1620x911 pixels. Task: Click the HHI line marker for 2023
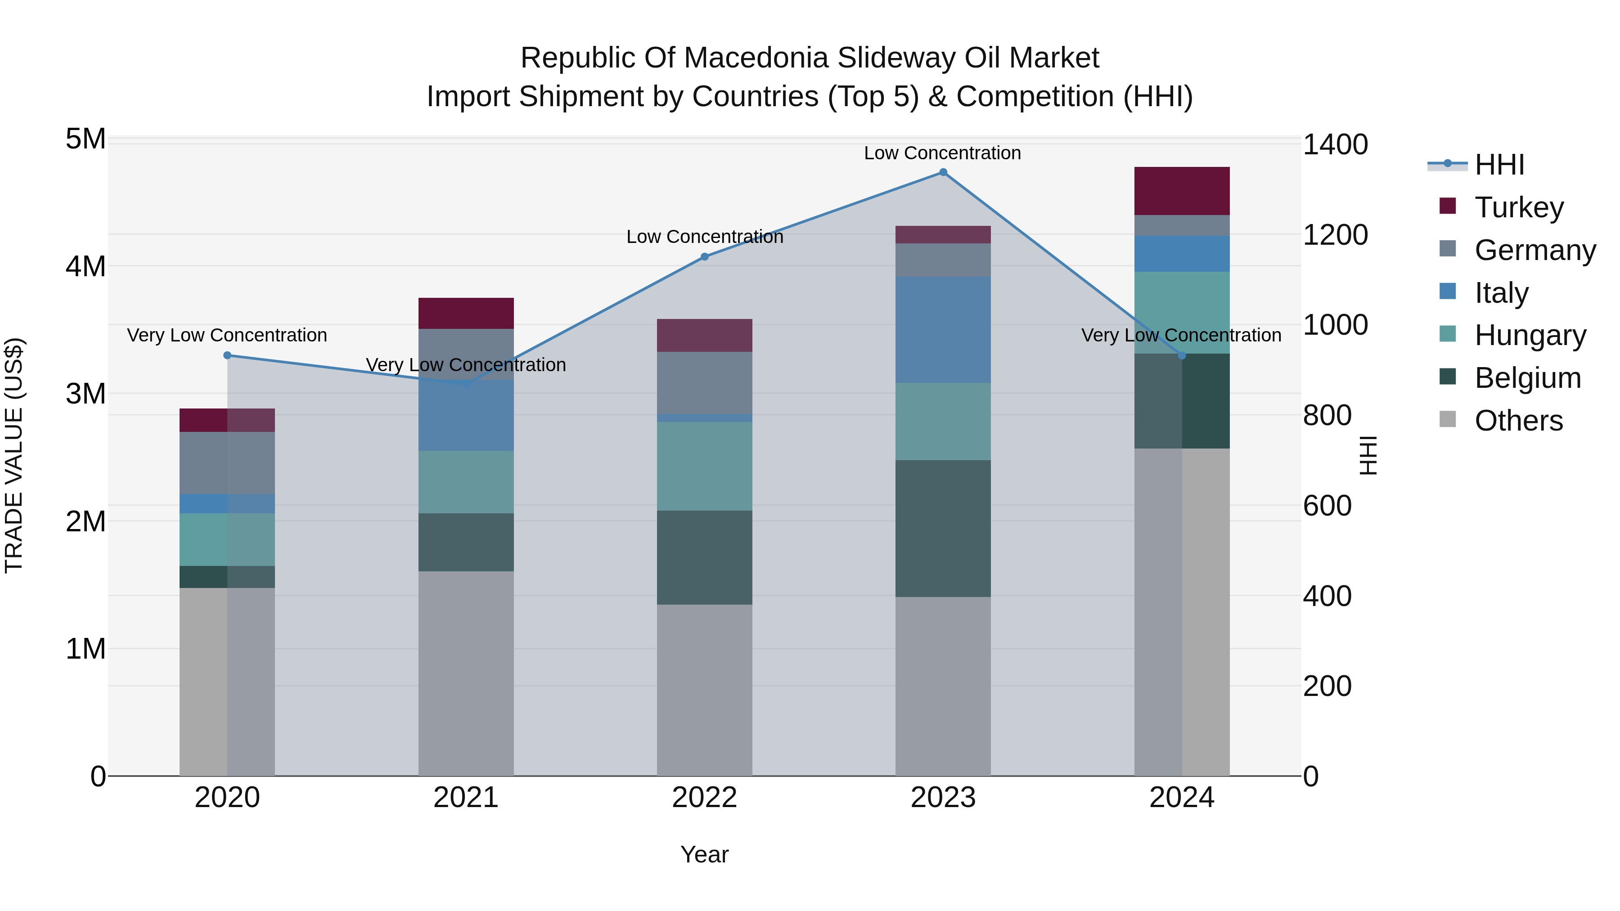pos(943,172)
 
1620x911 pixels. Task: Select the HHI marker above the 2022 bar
pos(704,256)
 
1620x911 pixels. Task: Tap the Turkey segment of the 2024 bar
pos(1182,191)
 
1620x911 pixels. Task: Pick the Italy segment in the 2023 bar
pos(943,329)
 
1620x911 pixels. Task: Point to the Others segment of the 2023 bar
pos(943,686)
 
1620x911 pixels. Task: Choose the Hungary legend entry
pos(1530,335)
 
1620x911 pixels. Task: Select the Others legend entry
pos(1518,421)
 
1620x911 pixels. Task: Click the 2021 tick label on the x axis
pos(466,798)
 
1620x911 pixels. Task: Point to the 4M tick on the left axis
pos(85,266)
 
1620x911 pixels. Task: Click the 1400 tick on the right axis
pos(1335,144)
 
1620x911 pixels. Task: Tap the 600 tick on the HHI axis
pos(1327,506)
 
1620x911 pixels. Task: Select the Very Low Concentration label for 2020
pos(227,335)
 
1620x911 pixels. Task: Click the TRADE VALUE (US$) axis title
pos(14,455)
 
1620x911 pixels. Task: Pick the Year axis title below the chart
pos(704,854)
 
